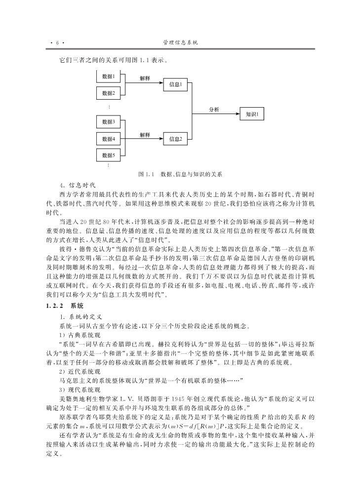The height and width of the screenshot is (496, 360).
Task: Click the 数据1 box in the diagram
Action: [108, 76]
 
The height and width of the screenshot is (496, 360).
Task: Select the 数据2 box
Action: [108, 93]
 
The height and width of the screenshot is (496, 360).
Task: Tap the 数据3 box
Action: [108, 122]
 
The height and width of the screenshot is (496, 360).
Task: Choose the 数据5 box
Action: [108, 155]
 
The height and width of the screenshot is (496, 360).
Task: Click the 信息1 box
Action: [175, 84]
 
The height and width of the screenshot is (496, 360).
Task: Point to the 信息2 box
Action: [175, 139]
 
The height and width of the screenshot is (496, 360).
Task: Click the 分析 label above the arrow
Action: [214, 109]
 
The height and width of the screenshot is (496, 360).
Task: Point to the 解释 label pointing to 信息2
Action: [144, 134]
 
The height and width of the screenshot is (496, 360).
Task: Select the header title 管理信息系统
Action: [180, 43]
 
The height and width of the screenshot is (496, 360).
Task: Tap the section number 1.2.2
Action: [55, 306]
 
